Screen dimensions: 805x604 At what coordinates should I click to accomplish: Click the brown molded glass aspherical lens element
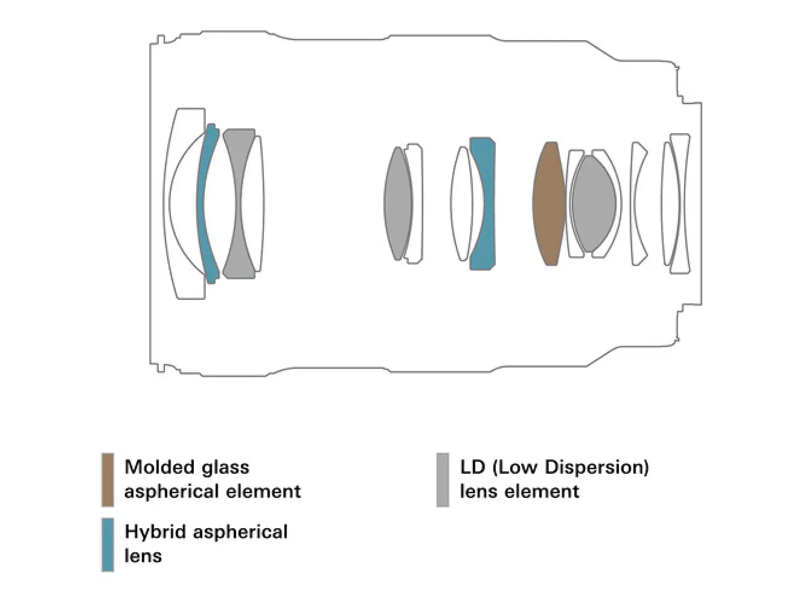click(x=549, y=203)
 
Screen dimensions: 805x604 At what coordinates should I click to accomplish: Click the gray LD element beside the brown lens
click(x=593, y=203)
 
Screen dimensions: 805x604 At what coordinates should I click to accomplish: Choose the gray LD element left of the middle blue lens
click(x=398, y=203)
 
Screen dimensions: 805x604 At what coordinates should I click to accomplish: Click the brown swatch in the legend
click(x=108, y=479)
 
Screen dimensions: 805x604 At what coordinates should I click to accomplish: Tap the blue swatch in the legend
click(x=108, y=544)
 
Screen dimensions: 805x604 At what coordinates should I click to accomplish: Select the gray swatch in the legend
click(x=443, y=479)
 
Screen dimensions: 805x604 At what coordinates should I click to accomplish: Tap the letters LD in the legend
click(x=473, y=467)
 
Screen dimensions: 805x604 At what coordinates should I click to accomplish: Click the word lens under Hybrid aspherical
click(x=143, y=556)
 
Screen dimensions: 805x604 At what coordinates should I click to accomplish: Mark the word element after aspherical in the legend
click(x=263, y=491)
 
